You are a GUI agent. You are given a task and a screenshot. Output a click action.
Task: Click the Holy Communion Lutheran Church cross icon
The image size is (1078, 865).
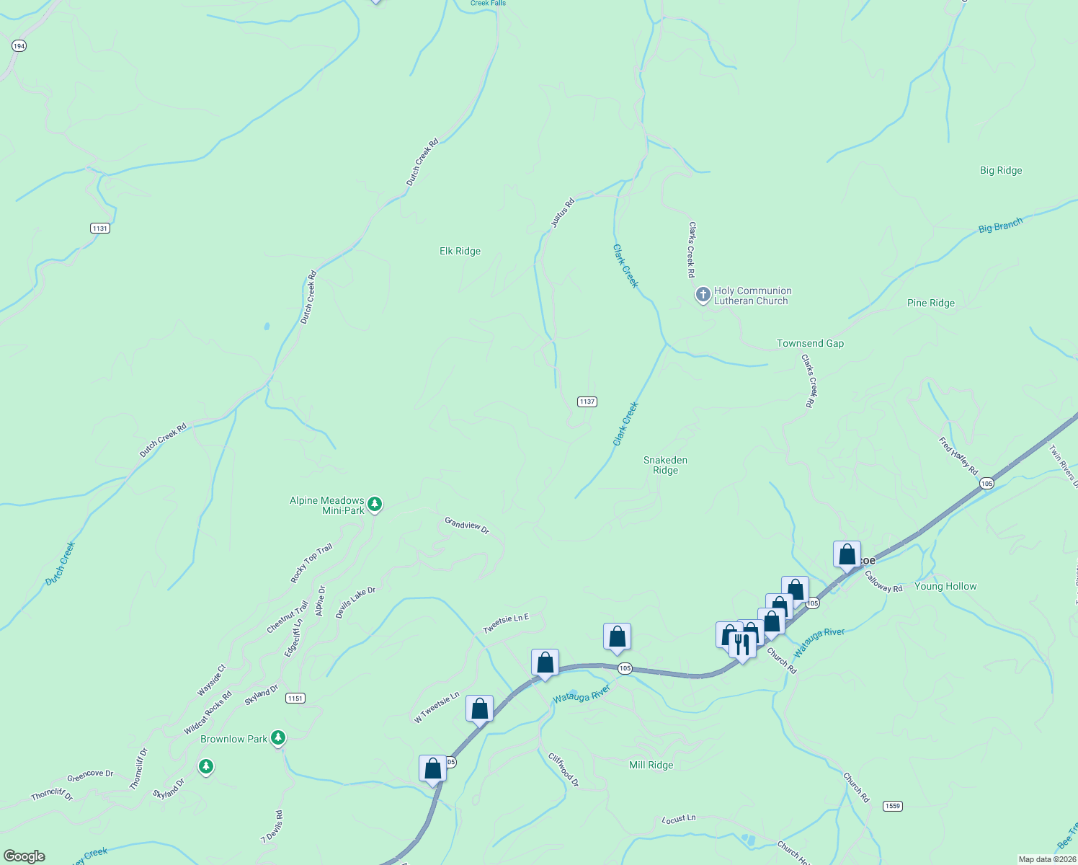click(703, 295)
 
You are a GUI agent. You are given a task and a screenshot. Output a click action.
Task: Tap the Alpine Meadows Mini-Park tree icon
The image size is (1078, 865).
click(374, 505)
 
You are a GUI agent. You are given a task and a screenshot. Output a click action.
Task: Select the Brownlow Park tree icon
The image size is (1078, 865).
click(278, 738)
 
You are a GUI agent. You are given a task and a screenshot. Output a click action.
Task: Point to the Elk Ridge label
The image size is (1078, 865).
click(460, 252)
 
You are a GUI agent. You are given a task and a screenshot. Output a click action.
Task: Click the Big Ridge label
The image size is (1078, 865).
click(1000, 171)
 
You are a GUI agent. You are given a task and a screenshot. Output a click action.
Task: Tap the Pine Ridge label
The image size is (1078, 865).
click(930, 303)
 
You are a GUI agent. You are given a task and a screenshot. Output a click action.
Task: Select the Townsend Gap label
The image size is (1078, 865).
click(810, 344)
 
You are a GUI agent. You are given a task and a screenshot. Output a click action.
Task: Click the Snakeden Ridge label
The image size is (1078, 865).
click(665, 465)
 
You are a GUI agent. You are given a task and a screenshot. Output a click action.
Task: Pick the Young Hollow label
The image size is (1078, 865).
click(945, 587)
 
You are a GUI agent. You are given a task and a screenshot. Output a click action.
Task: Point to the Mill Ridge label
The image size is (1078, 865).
click(651, 766)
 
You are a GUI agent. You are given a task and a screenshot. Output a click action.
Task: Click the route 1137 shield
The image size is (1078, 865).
click(587, 402)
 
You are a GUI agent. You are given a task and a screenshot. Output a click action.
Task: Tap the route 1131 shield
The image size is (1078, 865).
click(100, 229)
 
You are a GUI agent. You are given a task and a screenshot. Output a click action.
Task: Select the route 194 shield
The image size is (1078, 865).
click(19, 46)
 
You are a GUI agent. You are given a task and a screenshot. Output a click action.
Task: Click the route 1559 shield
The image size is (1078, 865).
click(892, 806)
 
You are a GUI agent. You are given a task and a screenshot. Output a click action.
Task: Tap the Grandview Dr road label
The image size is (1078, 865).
click(466, 525)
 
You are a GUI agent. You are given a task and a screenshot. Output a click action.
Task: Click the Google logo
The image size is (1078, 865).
click(24, 856)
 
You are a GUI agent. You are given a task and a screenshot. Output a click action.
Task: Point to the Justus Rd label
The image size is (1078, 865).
click(563, 213)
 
